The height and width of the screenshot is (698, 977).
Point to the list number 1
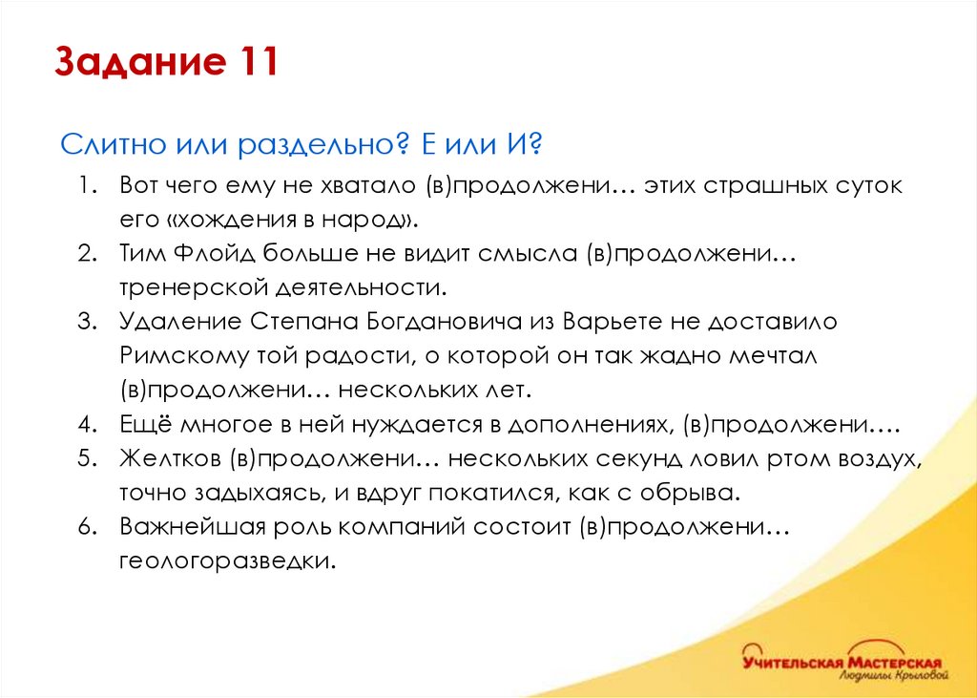tap(87, 185)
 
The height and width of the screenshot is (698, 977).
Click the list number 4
tap(87, 423)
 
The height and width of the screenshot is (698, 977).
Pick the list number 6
tap(87, 526)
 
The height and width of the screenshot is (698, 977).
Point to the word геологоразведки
tap(228, 561)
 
